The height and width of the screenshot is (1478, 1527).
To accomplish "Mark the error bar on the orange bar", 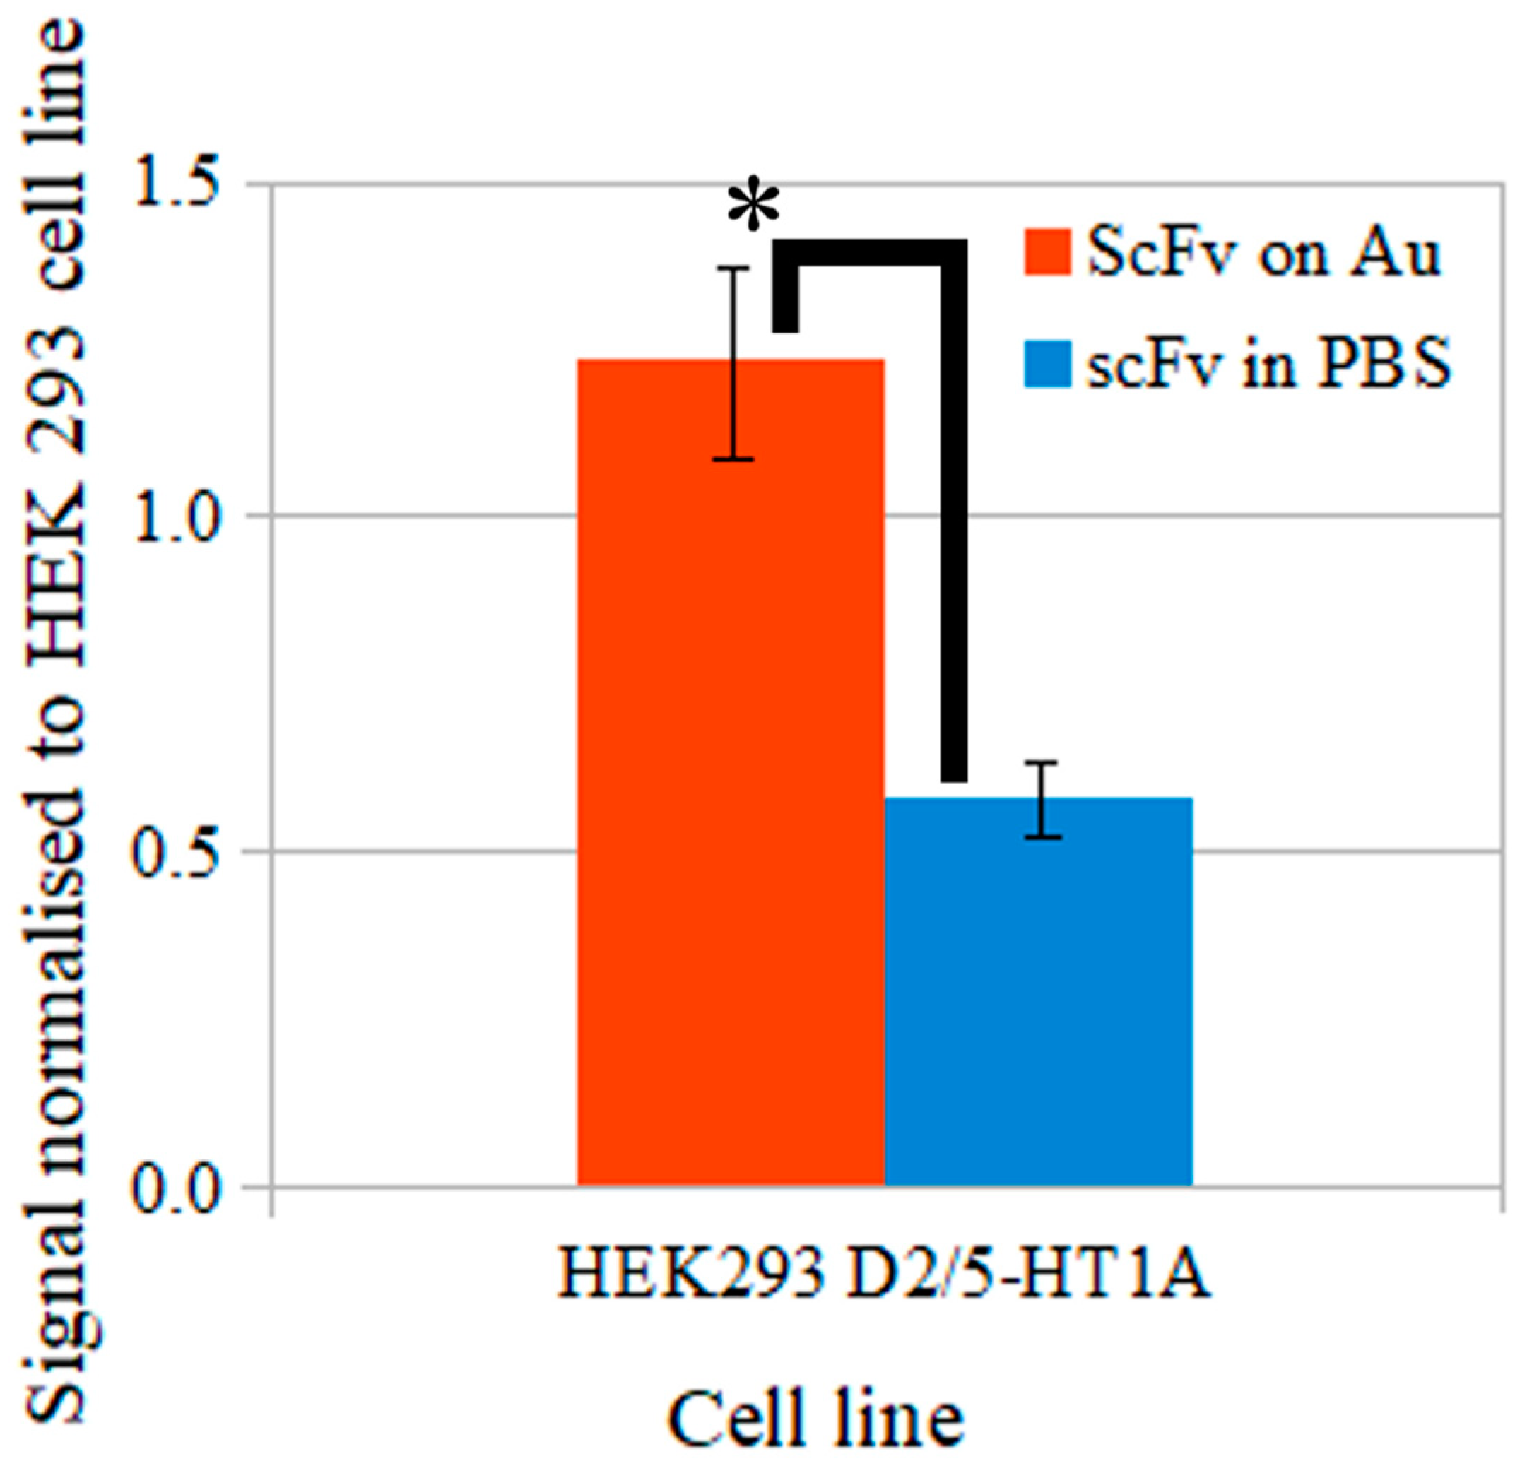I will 732,364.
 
